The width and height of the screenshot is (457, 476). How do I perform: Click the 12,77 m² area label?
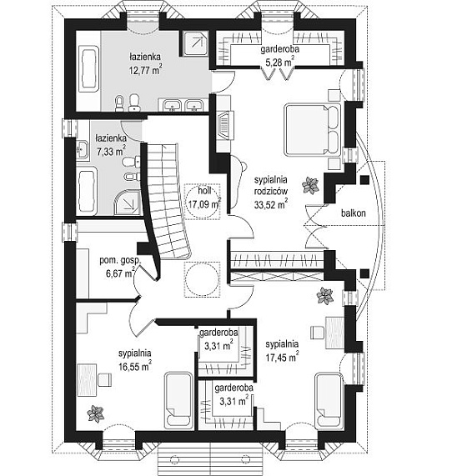[x=145, y=70]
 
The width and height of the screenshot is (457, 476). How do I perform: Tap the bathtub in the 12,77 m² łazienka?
[x=89, y=69]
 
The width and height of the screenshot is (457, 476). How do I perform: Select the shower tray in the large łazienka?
[x=195, y=43]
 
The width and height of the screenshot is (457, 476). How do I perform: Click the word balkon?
[x=353, y=213]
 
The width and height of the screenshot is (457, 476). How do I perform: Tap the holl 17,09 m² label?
[x=204, y=198]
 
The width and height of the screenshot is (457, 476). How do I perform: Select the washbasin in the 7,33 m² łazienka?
[x=83, y=149]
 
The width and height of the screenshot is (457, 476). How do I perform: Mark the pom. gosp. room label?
[x=120, y=260]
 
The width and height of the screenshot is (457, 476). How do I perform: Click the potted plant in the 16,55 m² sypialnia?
[x=95, y=413]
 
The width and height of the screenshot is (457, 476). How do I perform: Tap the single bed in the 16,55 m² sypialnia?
[x=178, y=401]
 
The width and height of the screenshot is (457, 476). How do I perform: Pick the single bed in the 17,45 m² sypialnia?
[x=329, y=401]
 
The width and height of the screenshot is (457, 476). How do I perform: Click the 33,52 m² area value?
[x=270, y=204]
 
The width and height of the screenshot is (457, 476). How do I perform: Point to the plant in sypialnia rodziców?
[x=310, y=185]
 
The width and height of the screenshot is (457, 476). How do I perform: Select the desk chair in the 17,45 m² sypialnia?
[x=318, y=332]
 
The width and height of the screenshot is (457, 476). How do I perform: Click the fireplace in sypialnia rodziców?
[x=225, y=125]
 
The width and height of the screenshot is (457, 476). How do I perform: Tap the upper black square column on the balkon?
[x=364, y=180]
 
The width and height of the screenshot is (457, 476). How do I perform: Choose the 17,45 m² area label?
[x=282, y=358]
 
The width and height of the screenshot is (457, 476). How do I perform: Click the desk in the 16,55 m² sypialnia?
[x=87, y=380]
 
